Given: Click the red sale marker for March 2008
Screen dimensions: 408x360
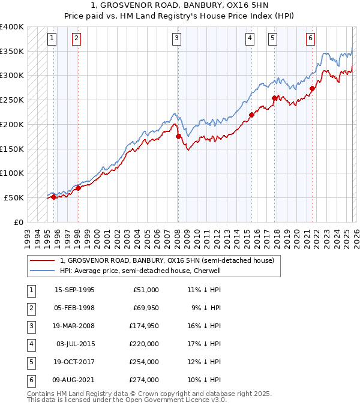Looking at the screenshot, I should click(x=178, y=137).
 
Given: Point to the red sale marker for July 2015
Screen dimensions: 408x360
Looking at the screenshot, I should click(x=251, y=115).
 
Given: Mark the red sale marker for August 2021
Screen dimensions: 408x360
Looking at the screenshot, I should click(x=312, y=88).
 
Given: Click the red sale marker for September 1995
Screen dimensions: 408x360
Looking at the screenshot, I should click(x=54, y=197).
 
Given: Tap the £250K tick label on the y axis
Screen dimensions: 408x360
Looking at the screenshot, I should click(x=12, y=100).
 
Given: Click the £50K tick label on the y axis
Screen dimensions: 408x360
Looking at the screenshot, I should click(x=14, y=197).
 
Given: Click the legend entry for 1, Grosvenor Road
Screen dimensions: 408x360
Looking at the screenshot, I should click(x=166, y=260).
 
